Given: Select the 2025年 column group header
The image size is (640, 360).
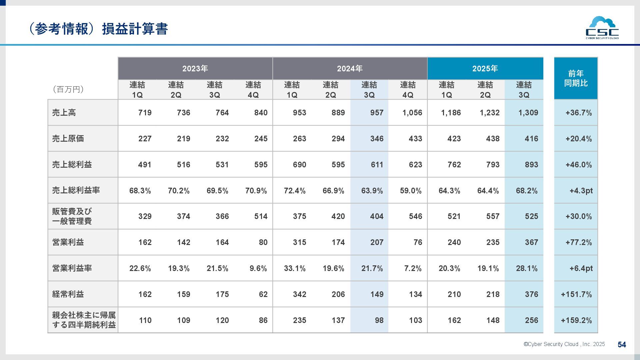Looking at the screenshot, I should point(485,69).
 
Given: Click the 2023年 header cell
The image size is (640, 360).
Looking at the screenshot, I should point(195,69).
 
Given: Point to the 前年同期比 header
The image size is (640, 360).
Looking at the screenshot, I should point(576,78).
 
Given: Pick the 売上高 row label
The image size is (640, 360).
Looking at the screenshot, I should point(64,113).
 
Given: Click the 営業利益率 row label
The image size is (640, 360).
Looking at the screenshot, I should point(72,268).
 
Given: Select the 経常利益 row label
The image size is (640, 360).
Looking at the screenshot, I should point(68,294).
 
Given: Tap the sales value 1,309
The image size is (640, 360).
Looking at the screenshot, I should point(528,113).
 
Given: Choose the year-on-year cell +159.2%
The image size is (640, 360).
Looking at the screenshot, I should point(576,320).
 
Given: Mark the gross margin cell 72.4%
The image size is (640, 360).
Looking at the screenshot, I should point(295,191).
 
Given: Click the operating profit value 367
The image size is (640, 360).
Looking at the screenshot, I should point(531,242).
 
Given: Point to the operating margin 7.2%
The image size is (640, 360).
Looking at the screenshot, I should point(413,268).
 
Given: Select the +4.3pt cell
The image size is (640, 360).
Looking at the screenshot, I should point(581,191).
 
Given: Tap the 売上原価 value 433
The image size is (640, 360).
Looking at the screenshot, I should point(415,139).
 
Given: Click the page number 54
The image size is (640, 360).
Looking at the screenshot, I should point(622,345).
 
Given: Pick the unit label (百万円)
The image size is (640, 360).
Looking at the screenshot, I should point(68,89).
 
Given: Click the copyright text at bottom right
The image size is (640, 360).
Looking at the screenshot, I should point(564,344).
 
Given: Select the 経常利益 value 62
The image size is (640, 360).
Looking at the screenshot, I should point(263,294).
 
